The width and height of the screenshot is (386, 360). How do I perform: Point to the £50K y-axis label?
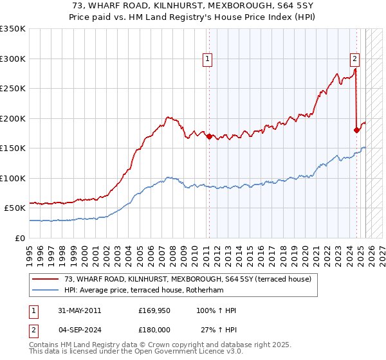[x=15, y=208]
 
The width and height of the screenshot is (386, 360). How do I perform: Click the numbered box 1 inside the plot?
[x=208, y=59]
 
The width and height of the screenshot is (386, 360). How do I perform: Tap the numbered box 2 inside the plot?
[x=354, y=59]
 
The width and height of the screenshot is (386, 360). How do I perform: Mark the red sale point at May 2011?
[x=209, y=136]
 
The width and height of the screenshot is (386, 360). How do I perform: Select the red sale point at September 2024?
[x=356, y=130]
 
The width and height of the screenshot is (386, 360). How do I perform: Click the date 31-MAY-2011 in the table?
[x=79, y=310]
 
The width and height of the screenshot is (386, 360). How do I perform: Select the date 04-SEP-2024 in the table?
[x=79, y=330]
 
